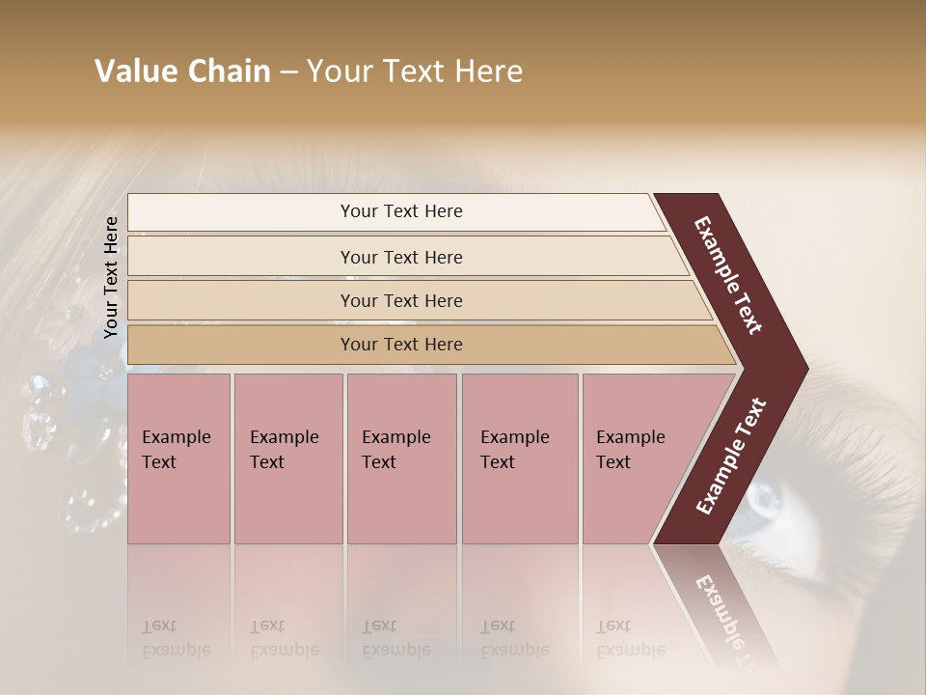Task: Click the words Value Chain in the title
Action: pos(182,71)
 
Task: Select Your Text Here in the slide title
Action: pos(415,71)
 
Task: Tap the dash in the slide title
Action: pos(288,72)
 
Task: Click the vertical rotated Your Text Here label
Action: pos(111,277)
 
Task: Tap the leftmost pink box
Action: pos(178,459)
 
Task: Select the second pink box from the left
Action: pos(288,459)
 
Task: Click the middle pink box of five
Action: pos(401,459)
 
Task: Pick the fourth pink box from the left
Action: pos(520,459)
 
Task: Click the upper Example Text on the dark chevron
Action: pos(728,275)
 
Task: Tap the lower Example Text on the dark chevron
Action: pos(730,456)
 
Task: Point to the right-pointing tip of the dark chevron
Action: pos(805,368)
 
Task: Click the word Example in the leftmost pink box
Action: pos(177,436)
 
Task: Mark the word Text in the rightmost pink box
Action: pos(613,462)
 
